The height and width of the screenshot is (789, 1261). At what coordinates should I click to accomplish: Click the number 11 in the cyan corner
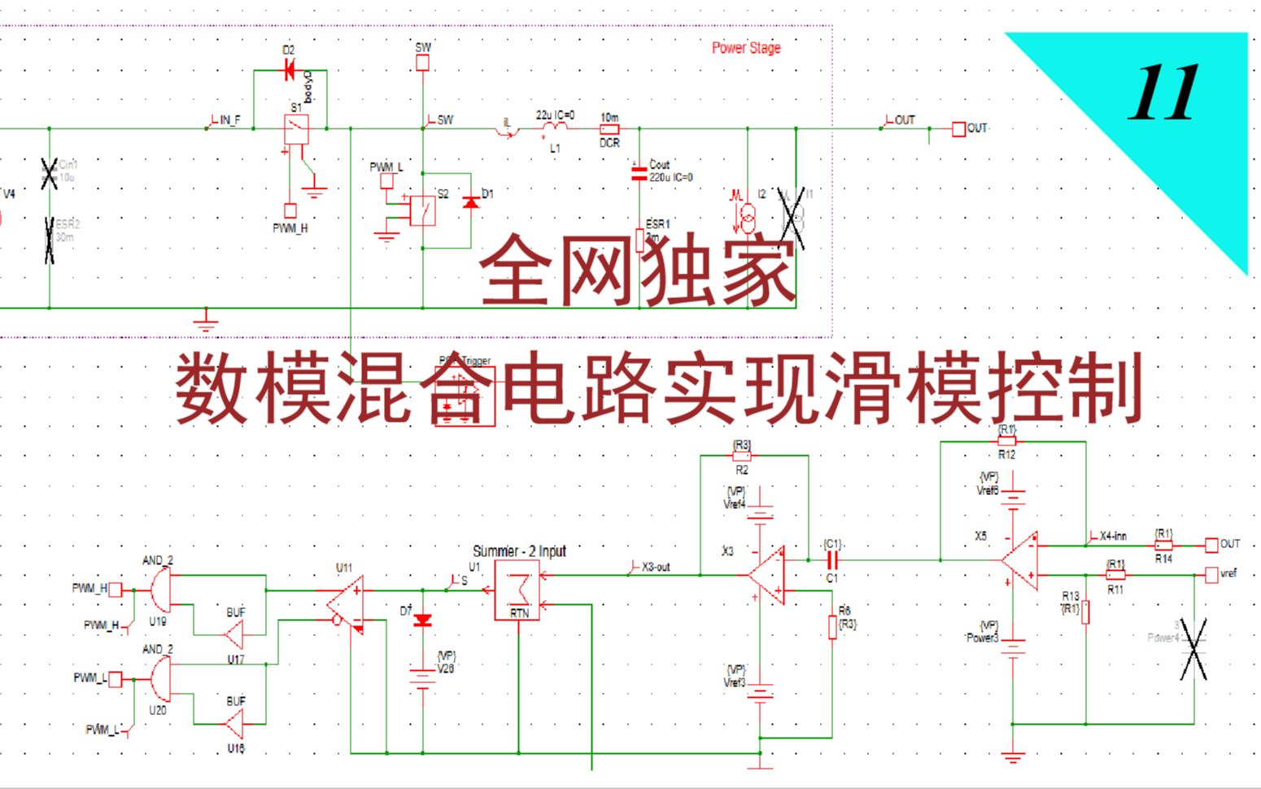(1163, 93)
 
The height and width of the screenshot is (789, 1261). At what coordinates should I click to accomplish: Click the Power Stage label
(746, 48)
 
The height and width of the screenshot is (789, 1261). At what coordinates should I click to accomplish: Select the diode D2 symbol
(289, 71)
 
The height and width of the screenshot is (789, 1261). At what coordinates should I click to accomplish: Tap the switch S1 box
(296, 129)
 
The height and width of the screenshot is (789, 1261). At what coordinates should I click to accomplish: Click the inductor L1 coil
(555, 129)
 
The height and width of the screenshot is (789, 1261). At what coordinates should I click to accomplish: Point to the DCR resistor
(609, 129)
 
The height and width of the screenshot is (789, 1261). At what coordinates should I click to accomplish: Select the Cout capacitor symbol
(639, 171)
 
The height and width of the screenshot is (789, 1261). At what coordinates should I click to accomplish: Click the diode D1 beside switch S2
(470, 201)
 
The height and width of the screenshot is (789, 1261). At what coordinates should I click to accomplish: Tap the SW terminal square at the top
(423, 63)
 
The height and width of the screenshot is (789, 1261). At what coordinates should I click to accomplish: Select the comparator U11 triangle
(346, 605)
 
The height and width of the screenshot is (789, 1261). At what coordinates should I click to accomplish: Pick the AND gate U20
(160, 678)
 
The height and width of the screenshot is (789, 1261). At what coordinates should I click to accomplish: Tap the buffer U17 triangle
(235, 634)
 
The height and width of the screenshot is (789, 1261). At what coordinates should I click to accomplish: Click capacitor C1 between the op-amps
(831, 560)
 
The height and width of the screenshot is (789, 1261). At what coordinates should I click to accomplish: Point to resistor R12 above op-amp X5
(1006, 441)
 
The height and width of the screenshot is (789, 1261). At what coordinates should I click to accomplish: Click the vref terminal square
(1211, 575)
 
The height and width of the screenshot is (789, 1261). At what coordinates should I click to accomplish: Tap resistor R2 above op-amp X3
(742, 457)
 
